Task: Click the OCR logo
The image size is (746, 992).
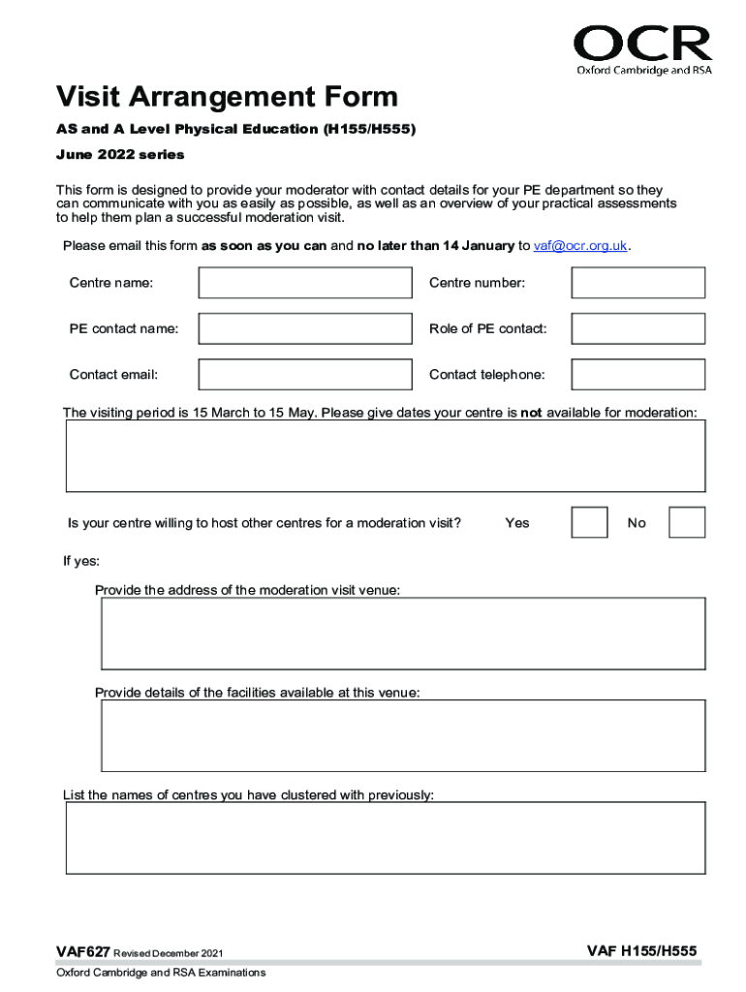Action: pyautogui.click(x=642, y=49)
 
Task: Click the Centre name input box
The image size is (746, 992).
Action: pyautogui.click(x=305, y=283)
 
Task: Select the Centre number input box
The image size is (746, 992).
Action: pyautogui.click(x=637, y=283)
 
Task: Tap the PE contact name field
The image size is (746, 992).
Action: pyautogui.click(x=305, y=328)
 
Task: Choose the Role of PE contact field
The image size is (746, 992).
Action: pyautogui.click(x=637, y=328)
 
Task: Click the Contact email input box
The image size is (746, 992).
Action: pyautogui.click(x=305, y=374)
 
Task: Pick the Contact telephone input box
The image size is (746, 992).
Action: pyautogui.click(x=637, y=374)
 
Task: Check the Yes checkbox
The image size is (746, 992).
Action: pyautogui.click(x=589, y=522)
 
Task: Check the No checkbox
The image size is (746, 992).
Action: pyautogui.click(x=687, y=522)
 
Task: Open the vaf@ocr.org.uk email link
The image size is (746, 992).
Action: pyautogui.click(x=580, y=246)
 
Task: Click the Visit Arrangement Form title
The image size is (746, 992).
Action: pyautogui.click(x=227, y=97)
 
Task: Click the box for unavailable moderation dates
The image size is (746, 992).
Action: pyautogui.click(x=385, y=456)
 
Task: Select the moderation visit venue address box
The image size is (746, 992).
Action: pyautogui.click(x=403, y=634)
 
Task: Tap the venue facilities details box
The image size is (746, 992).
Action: pyautogui.click(x=403, y=734)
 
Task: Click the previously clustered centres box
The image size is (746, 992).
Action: pyautogui.click(x=385, y=839)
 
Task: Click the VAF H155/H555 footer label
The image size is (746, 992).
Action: pyautogui.click(x=641, y=952)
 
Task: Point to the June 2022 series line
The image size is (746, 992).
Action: pyautogui.click(x=120, y=155)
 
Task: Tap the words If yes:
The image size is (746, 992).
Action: pyautogui.click(x=81, y=562)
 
